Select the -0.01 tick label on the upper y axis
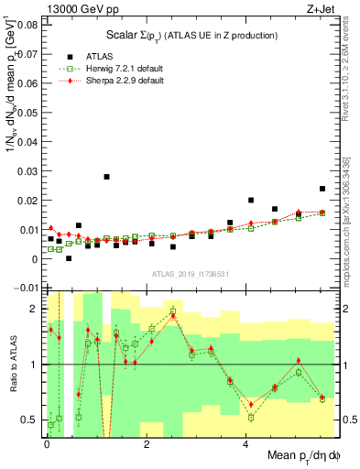tap(25, 289)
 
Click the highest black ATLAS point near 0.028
tap(107, 177)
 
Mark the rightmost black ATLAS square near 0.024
tap(322, 189)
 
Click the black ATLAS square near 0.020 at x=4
tap(251, 200)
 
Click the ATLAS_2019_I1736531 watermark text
tap(189, 274)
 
